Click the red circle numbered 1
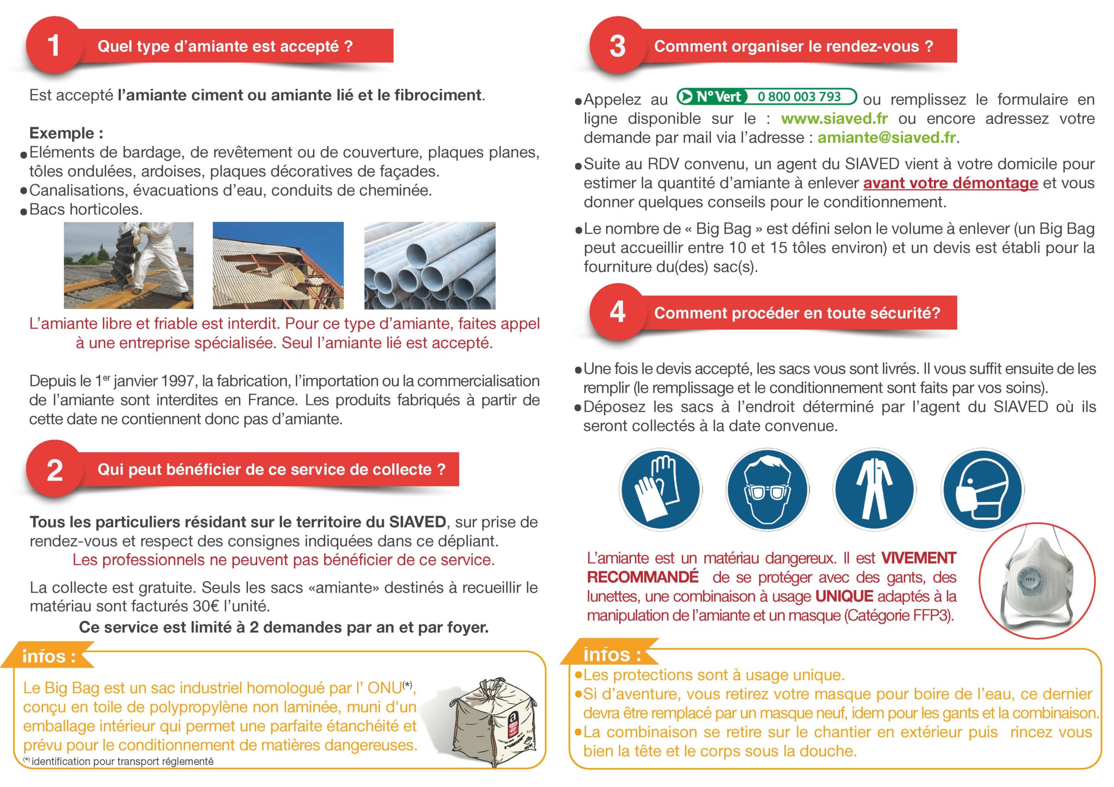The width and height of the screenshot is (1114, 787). [54, 46]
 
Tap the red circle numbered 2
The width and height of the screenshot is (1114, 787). [54, 470]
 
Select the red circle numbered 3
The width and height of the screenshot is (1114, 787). [617, 46]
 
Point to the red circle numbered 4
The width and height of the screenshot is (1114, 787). [617, 312]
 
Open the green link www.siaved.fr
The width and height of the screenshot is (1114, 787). [834, 118]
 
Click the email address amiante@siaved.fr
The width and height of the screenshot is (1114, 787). [887, 138]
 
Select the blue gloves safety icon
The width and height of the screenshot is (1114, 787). [660, 489]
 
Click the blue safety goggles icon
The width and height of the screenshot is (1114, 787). [767, 489]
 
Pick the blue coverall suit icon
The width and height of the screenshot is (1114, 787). [874, 489]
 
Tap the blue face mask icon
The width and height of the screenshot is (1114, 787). [982, 489]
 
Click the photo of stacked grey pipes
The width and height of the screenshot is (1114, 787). [430, 265]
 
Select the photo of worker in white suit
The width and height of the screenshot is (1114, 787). [128, 265]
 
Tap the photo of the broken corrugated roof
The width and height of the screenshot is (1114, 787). [278, 265]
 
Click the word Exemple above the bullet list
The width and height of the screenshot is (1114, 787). [62, 133]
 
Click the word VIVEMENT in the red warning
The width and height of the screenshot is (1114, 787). [919, 558]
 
